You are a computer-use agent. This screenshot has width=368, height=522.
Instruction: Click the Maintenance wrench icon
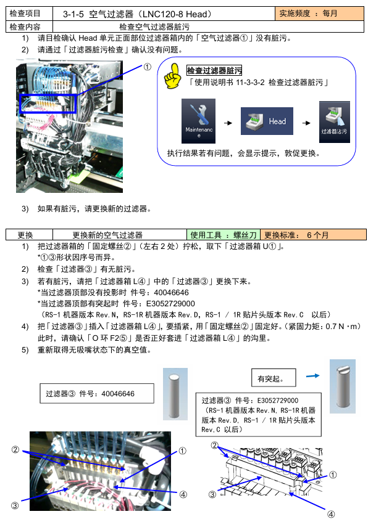(198, 121)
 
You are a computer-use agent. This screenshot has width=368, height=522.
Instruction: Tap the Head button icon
(267, 121)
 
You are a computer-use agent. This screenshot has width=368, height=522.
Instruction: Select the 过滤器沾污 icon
(334, 122)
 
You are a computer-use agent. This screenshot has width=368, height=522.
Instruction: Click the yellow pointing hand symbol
(172, 76)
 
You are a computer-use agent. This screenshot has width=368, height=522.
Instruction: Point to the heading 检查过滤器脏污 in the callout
(214, 71)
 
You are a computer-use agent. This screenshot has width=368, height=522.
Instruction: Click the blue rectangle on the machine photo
(48, 104)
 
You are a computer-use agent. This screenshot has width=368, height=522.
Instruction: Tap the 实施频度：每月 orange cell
(319, 14)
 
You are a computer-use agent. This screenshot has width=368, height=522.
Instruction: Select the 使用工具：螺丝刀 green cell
(223, 235)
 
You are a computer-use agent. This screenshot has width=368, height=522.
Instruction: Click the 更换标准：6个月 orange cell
(313, 235)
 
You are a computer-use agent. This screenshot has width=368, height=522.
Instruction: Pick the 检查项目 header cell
(29, 14)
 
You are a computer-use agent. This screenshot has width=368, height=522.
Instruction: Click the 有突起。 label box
(274, 378)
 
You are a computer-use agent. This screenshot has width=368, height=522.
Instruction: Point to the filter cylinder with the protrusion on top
(343, 386)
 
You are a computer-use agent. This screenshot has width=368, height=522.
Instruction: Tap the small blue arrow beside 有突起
(312, 376)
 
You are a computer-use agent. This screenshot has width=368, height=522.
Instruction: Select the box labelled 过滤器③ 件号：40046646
(97, 393)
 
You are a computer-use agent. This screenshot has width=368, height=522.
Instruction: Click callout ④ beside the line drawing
(330, 515)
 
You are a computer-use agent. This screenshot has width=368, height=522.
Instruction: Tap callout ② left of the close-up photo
(15, 449)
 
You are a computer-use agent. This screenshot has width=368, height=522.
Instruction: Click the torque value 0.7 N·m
(340, 326)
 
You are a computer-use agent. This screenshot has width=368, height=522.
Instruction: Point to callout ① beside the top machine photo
(147, 67)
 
